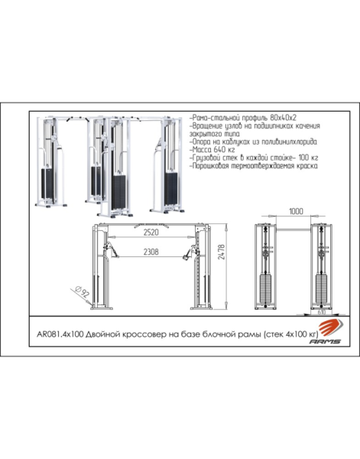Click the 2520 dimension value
tap(151, 233)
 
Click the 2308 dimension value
tap(151, 252)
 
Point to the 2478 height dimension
tap(222, 252)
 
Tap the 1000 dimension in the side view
tap(296, 211)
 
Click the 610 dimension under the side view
tap(321, 312)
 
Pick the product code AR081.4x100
tap(60, 334)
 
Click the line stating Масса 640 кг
tap(212, 150)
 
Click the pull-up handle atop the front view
tap(151, 226)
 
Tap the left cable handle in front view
tap(113, 251)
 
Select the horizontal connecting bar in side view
tap(294, 229)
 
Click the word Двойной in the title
tap(103, 334)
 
